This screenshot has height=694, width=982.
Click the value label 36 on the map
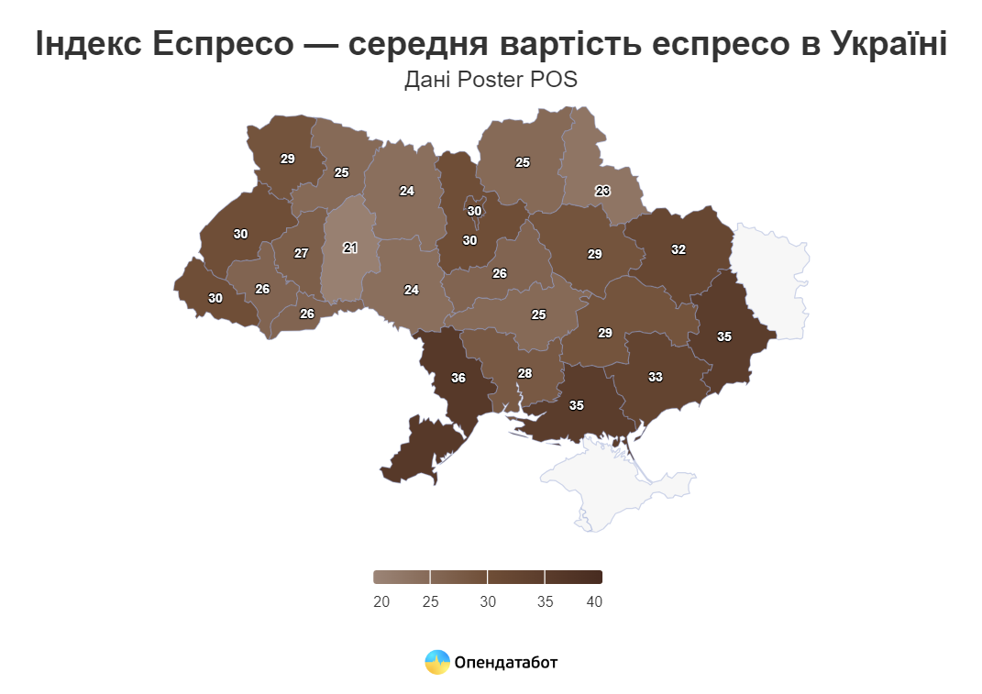[458, 378]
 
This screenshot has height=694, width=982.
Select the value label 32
[679, 249]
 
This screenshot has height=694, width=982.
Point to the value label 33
[656, 377]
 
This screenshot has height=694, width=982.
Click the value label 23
[602, 192]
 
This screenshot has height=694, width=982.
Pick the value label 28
[524, 373]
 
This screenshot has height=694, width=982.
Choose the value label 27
[302, 253]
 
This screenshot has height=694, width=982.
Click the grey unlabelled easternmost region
[775, 275]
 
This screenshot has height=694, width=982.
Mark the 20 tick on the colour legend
[381, 601]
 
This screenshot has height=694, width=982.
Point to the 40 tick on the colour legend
[593, 601]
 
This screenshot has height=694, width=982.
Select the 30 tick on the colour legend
[488, 601]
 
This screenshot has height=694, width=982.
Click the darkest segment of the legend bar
[574, 577]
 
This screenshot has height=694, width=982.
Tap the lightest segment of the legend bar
[402, 577]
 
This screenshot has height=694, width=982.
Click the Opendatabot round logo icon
[437, 662]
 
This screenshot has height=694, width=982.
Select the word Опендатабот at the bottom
[506, 662]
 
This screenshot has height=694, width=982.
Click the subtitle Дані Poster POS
[491, 81]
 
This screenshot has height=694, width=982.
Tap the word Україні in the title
[888, 43]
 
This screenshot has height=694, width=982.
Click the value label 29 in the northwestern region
[288, 159]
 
